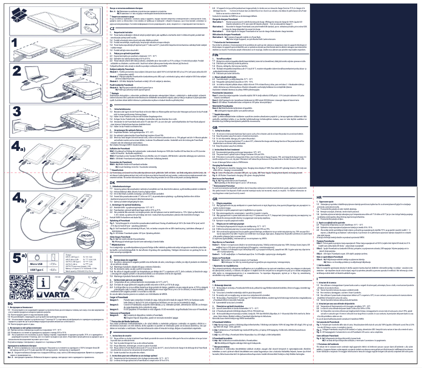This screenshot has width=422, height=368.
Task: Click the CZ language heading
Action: pyautogui.click(x=90, y=29)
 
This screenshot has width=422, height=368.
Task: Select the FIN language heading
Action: pyautogui.click(x=215, y=54)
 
